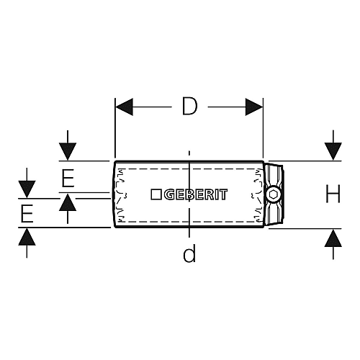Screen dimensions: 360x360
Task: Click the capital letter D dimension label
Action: pyautogui.click(x=189, y=106)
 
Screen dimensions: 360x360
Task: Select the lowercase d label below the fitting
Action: pyautogui.click(x=189, y=253)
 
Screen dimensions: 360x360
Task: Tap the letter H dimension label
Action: pyautogui.click(x=333, y=194)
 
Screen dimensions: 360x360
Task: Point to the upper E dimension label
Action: pyautogui.click(x=68, y=178)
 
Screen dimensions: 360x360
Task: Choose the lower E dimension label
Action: pyautogui.click(x=27, y=213)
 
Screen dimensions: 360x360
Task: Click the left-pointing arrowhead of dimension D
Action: pyautogui.click(x=124, y=107)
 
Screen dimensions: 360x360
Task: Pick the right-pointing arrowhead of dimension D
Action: pyautogui.click(x=254, y=107)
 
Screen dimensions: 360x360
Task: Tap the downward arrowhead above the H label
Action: pyautogui.click(x=333, y=151)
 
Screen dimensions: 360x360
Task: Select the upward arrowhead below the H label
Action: pyautogui.click(x=333, y=238)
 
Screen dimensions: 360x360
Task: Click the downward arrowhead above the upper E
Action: pyautogui.click(x=68, y=151)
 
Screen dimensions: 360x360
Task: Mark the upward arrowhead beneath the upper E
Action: pyautogui.click(x=68, y=202)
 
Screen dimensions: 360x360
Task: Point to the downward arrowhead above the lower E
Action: pyautogui.click(x=27, y=189)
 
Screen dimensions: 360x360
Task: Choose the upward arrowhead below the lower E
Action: pyautogui.click(x=27, y=237)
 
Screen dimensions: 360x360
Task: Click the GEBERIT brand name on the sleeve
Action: pyautogui.click(x=196, y=194)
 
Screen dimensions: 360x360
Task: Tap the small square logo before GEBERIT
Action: pyautogui.click(x=156, y=194)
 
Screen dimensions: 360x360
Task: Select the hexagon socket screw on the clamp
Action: pyautogui.click(x=273, y=194)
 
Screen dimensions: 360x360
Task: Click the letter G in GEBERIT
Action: pyautogui.click(x=169, y=194)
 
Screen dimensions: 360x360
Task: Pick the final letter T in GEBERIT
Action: pyautogui.click(x=223, y=194)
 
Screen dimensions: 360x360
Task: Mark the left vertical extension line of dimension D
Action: pyautogui.click(x=115, y=127)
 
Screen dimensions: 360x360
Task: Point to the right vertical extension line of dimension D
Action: pyautogui.click(x=264, y=127)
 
